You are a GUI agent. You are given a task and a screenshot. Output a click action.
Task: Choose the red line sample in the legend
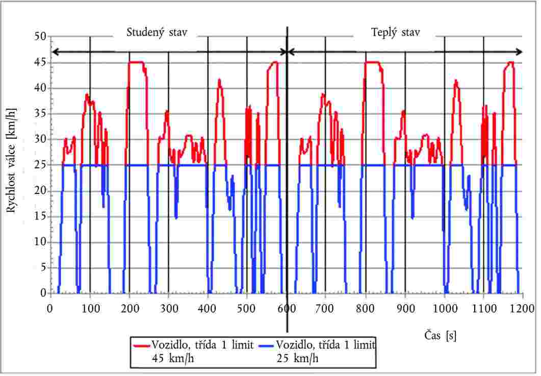tap(141, 345)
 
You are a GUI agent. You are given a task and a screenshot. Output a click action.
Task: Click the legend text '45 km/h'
tap(173, 358)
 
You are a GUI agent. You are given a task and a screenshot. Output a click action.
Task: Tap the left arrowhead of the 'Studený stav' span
tap(55, 52)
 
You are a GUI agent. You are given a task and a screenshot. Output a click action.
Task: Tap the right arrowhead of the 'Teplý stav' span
tap(520, 52)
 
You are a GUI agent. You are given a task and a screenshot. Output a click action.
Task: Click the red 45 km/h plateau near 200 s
tap(136, 62)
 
